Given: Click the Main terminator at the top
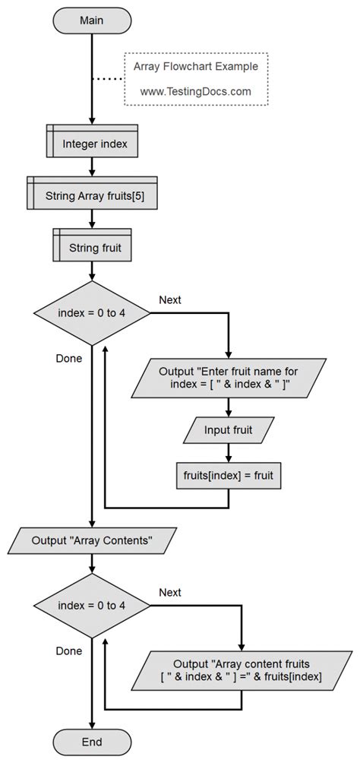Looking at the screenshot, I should pos(92,21).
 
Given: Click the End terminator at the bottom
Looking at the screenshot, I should pos(91,741).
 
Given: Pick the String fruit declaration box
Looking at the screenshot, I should pos(92,247).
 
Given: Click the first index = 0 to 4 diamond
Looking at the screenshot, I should pos(91,313).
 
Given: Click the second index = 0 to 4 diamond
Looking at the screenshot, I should pos(91,605).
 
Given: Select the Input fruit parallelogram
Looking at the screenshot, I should pos(229,430).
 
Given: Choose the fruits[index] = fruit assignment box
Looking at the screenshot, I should pos(229,475).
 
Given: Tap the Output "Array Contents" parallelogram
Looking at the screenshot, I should pos(92,540).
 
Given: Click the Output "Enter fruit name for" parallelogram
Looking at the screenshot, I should pos(229,378).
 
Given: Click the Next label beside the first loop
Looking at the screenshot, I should pos(170,299).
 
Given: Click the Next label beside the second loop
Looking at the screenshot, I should pos(170,591).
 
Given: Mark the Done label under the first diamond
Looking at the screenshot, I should pos(69,358).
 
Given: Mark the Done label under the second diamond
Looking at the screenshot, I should pos(69,651).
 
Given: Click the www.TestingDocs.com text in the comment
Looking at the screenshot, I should pos(195,91).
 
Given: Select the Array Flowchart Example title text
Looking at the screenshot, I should pos(195,66).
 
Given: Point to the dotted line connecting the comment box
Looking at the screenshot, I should pos(108,79).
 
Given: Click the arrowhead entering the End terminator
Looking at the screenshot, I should pos(92,723).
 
